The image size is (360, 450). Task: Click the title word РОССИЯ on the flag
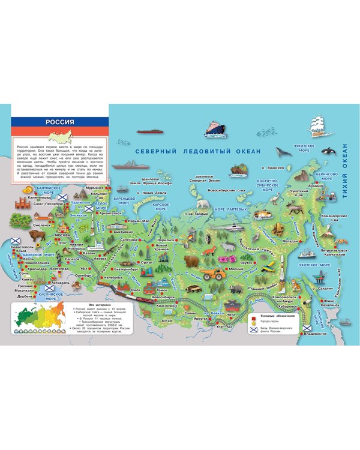[59, 122]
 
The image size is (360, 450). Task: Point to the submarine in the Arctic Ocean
[146, 131]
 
